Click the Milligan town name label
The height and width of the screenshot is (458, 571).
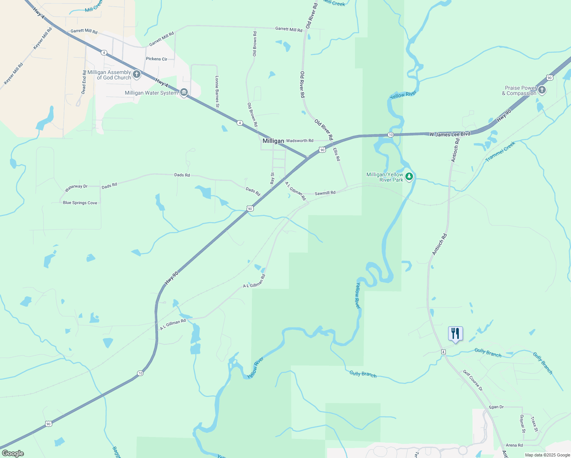[x=273, y=141]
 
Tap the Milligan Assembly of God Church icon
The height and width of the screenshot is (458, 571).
[x=137, y=74]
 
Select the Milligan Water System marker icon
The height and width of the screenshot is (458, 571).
[x=184, y=93]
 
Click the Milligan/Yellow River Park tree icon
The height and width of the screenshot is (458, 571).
[x=409, y=177]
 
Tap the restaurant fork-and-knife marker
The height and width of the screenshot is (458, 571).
[x=455, y=334]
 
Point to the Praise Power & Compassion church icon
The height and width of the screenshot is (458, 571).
[x=542, y=90]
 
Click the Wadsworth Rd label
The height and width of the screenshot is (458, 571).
[x=300, y=141]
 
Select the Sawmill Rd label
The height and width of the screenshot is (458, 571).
[x=325, y=193]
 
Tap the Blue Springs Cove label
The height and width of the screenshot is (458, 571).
[x=80, y=203]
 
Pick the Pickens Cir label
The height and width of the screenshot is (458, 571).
[x=156, y=59]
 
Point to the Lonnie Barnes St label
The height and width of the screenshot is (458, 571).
[x=217, y=92]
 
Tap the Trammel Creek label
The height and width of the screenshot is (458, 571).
[x=500, y=152]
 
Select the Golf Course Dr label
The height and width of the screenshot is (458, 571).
[x=473, y=381]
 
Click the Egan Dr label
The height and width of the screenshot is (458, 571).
[x=496, y=407]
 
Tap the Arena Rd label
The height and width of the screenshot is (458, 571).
[x=514, y=445]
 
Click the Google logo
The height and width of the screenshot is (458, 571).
[x=13, y=453]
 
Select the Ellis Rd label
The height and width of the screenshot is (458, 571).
[x=336, y=155]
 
